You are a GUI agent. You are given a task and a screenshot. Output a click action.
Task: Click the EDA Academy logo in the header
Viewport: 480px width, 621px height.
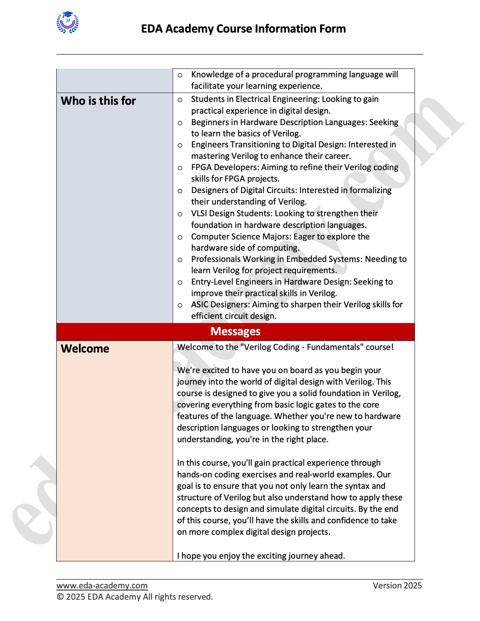point(67,22)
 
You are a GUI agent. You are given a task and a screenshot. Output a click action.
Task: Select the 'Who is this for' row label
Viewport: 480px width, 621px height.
point(98,101)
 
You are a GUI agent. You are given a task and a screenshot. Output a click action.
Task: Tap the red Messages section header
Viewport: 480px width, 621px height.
point(236,332)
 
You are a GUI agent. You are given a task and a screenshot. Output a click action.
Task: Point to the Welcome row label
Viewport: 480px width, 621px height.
point(85,349)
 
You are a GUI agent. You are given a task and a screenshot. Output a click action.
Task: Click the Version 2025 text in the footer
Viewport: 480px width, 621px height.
point(397,585)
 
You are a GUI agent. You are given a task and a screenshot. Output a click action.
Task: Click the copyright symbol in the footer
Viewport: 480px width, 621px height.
point(60,597)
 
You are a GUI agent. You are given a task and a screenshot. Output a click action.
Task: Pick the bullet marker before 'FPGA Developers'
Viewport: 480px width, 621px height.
point(180,168)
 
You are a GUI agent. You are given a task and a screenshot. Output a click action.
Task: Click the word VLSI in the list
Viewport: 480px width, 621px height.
point(199,213)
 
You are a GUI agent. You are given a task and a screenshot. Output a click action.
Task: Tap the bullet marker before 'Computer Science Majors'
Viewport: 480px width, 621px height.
point(180,237)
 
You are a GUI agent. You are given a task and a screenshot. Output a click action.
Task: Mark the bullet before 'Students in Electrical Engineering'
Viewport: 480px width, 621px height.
point(180,100)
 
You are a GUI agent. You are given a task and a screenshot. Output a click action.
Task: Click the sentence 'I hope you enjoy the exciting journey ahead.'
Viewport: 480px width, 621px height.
point(261,556)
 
